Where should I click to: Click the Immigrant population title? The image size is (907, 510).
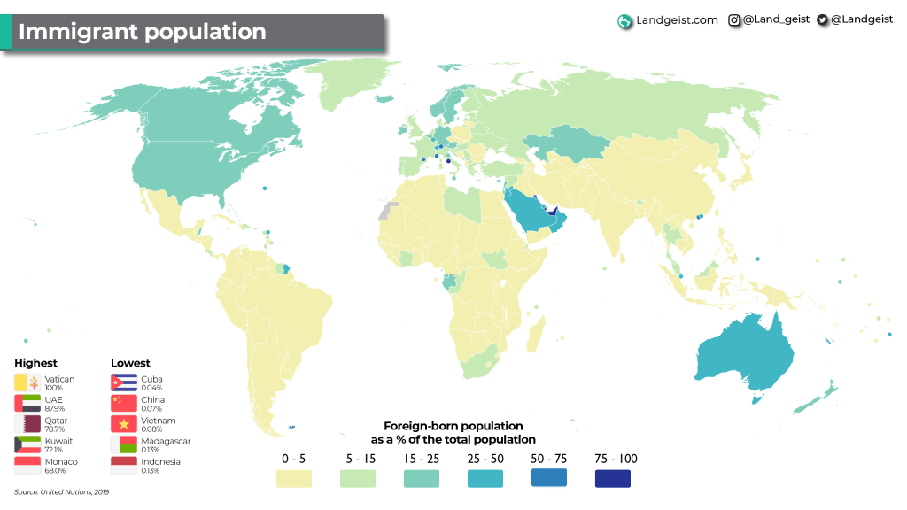click(x=142, y=32)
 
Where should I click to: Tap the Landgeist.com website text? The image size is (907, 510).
click(x=677, y=19)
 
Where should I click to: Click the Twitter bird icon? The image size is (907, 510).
click(x=822, y=19)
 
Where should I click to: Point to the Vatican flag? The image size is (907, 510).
click(x=27, y=382)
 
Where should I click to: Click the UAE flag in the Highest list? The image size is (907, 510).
click(x=27, y=404)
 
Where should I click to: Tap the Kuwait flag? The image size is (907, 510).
click(x=27, y=444)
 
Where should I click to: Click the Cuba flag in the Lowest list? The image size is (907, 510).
click(x=123, y=382)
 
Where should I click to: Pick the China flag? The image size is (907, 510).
click(x=123, y=404)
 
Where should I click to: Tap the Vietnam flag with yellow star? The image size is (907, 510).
click(x=123, y=424)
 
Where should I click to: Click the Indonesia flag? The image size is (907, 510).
click(x=123, y=466)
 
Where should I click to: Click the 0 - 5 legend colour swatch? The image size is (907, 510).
click(x=293, y=479)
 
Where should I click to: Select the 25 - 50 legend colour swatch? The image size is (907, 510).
click(x=485, y=479)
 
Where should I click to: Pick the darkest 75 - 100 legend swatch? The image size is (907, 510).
click(x=612, y=479)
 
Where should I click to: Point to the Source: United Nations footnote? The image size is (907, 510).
click(x=61, y=491)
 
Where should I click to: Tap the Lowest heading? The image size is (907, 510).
click(x=130, y=363)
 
